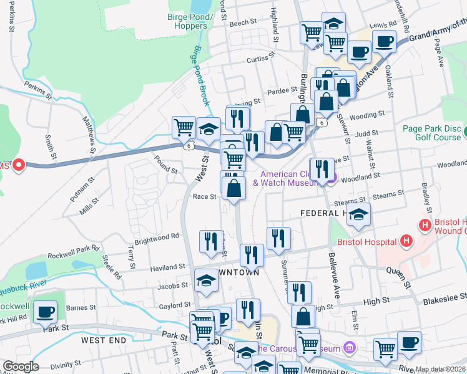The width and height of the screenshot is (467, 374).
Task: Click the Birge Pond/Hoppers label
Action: (x=188, y=21)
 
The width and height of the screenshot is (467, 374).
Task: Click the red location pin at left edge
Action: (x=19, y=165)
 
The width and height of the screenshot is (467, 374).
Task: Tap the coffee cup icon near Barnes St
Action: (x=45, y=312)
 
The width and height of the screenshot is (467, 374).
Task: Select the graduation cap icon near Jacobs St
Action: (x=206, y=280)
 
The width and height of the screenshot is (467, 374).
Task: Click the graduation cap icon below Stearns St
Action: (x=358, y=214)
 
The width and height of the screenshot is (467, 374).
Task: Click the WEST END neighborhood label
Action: (x=103, y=340)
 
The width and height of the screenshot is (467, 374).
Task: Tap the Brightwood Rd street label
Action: (x=157, y=237)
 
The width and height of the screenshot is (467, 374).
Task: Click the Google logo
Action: (x=21, y=367)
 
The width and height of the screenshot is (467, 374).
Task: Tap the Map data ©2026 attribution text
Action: (x=441, y=369)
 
